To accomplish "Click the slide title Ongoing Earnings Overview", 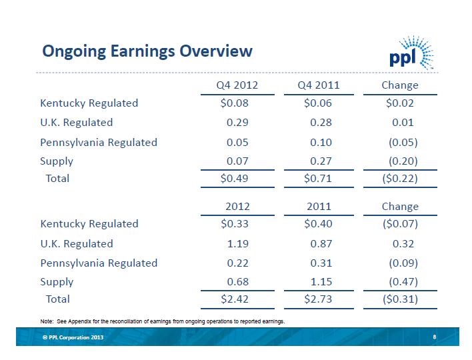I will click(x=147, y=51).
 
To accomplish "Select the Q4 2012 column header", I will click(x=237, y=85).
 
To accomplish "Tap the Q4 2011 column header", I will click(x=319, y=85).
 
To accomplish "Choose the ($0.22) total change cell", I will click(x=398, y=179).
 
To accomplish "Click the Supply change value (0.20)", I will click(x=403, y=161).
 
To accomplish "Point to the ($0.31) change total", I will click(x=398, y=299).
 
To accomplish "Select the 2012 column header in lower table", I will click(x=238, y=207).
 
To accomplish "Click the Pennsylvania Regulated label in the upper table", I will click(x=99, y=142).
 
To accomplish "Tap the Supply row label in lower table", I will click(x=57, y=282).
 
